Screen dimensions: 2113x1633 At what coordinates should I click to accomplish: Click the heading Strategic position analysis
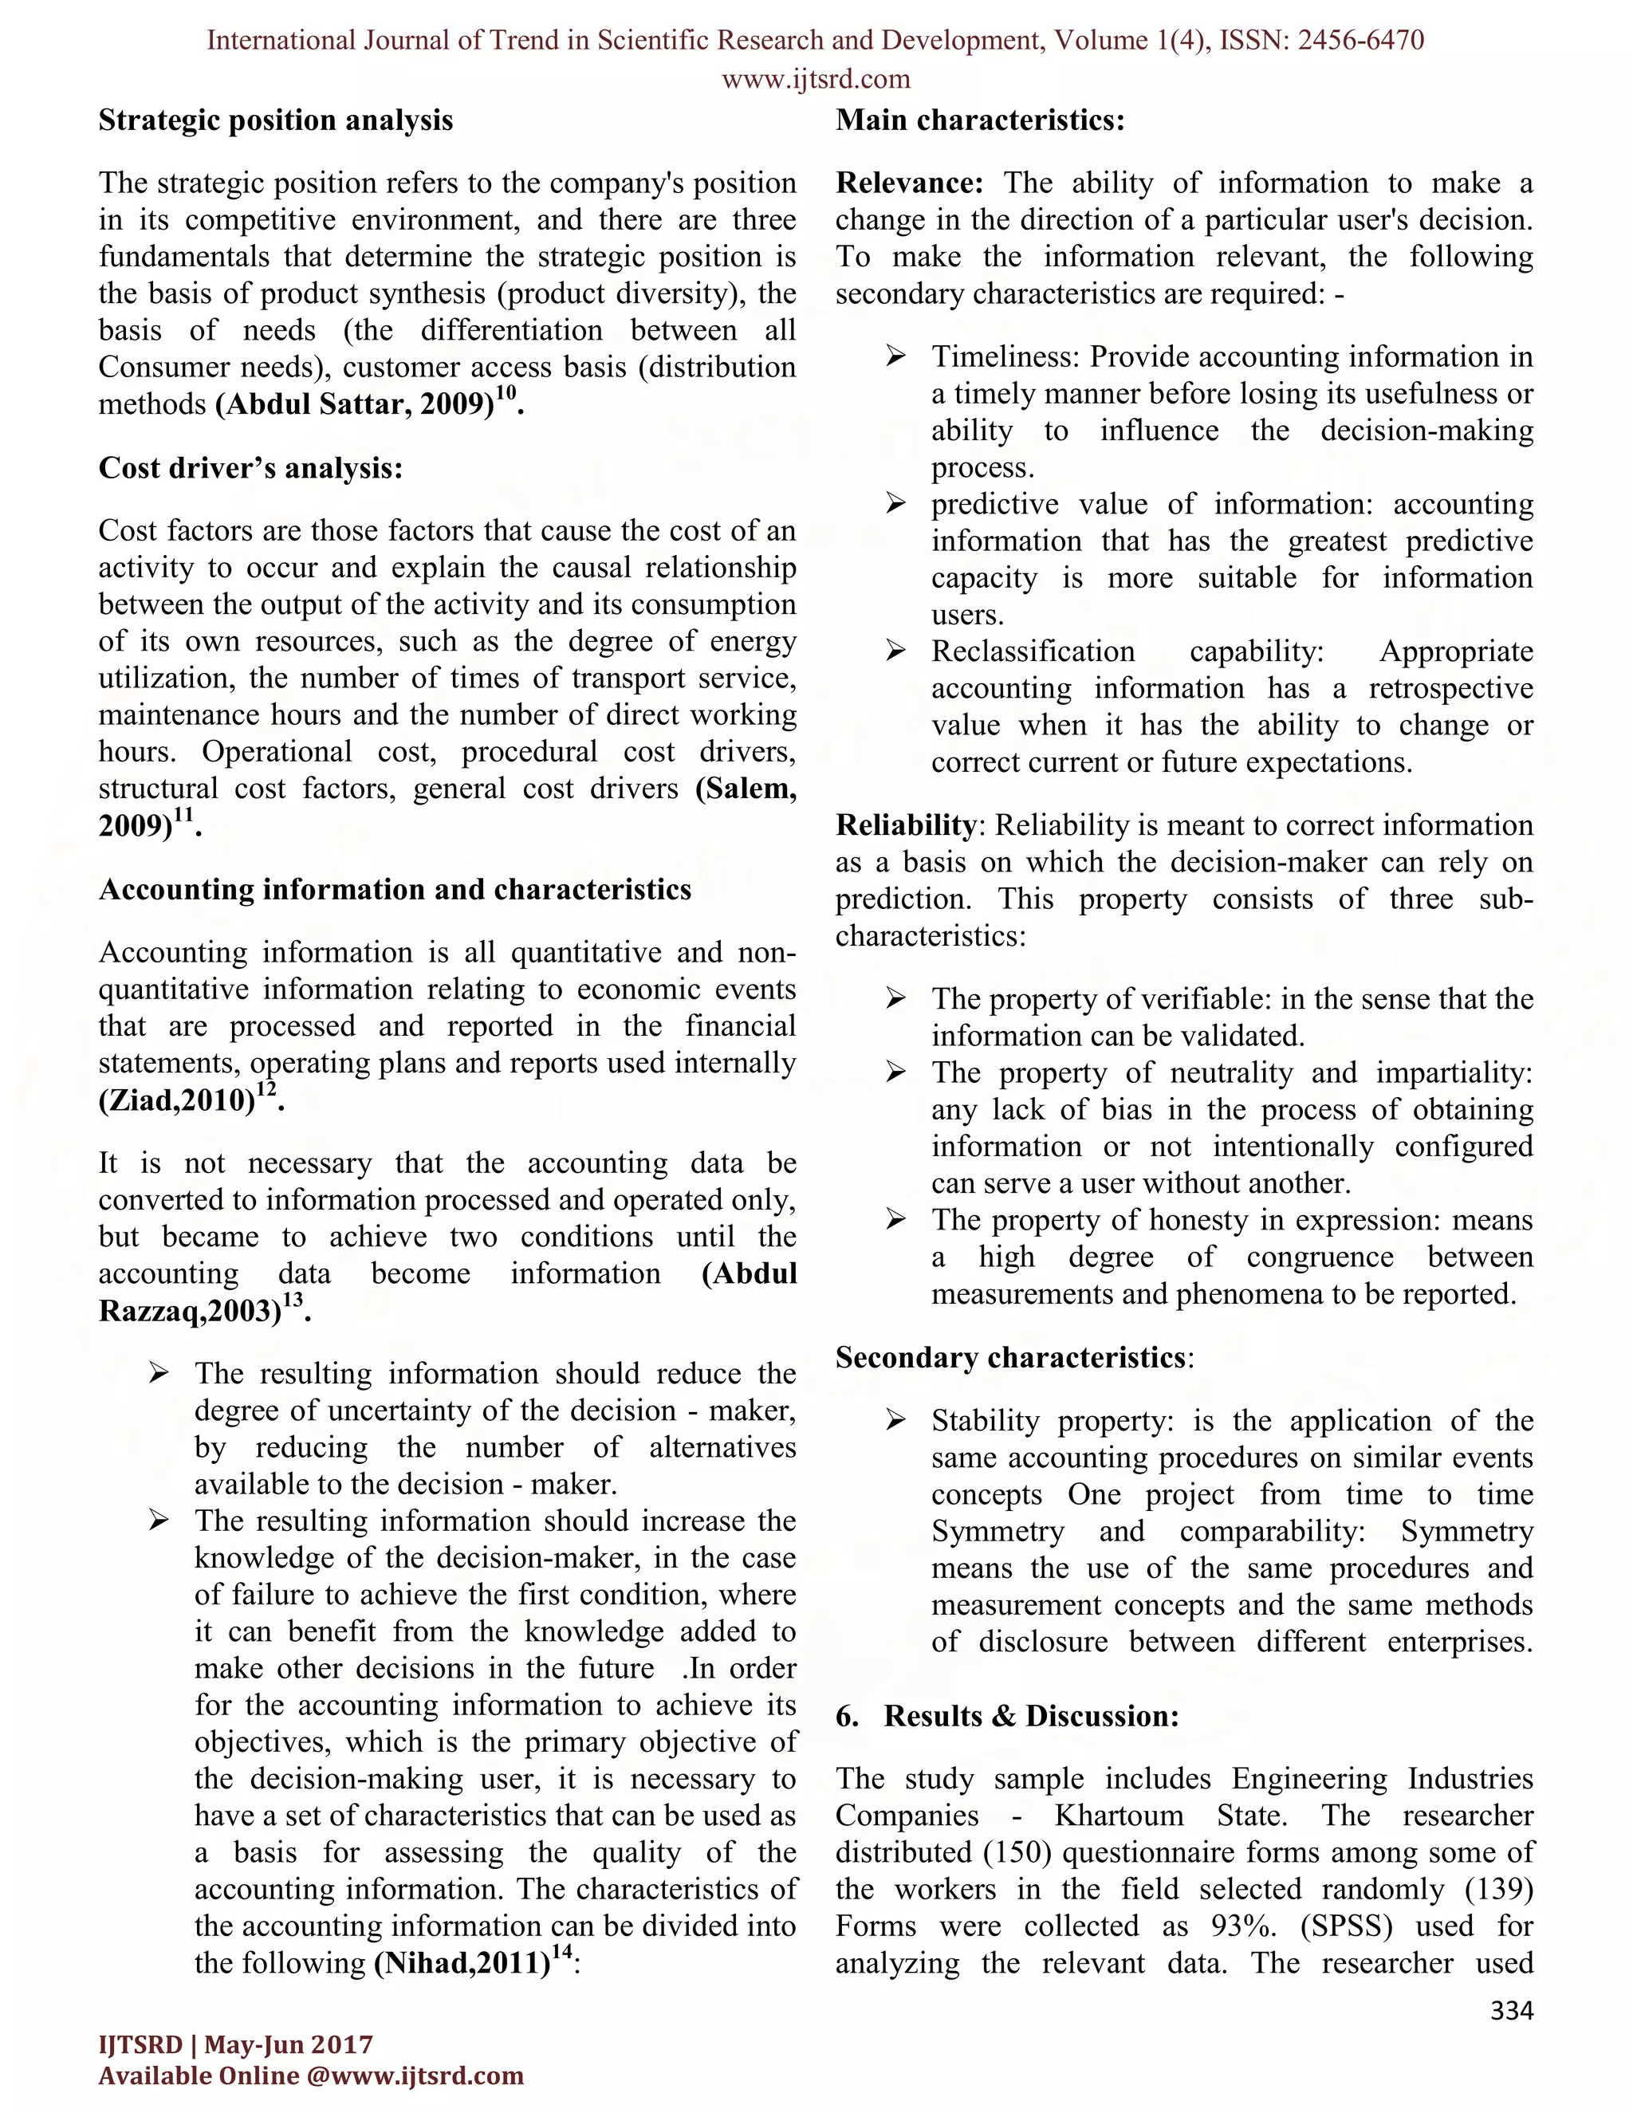click(x=276, y=121)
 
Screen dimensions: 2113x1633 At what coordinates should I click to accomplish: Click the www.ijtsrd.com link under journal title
click(x=816, y=79)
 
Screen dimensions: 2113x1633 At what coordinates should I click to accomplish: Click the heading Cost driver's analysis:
click(x=250, y=468)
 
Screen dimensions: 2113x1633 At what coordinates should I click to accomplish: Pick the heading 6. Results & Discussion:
click(x=1007, y=1717)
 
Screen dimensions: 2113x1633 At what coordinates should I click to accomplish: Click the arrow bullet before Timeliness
click(x=895, y=357)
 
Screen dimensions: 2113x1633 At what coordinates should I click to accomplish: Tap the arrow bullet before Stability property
click(x=895, y=1421)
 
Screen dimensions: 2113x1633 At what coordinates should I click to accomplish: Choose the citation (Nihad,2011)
click(x=462, y=1964)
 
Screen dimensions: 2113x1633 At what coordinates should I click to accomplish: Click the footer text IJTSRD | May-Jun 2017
click(x=236, y=2044)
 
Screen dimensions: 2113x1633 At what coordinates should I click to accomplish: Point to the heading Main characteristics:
click(x=980, y=121)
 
